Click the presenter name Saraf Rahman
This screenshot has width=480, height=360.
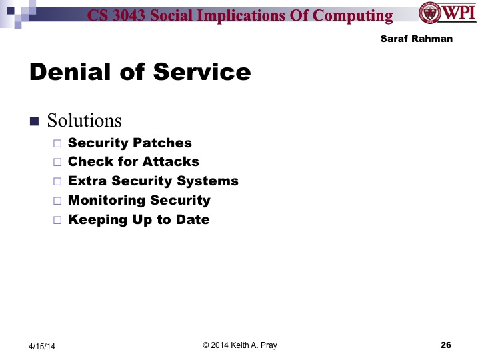click(x=416, y=39)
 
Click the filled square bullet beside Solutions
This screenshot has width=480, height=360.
click(x=35, y=121)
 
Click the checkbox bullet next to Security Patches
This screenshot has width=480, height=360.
click(x=57, y=143)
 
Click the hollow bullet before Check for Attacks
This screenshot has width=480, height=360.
click(x=57, y=162)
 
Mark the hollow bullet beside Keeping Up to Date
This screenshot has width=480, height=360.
click(x=57, y=219)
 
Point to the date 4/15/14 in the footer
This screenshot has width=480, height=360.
click(x=43, y=346)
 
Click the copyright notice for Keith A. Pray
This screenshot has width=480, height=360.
click(x=239, y=345)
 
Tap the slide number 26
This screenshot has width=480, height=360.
click(x=446, y=345)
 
